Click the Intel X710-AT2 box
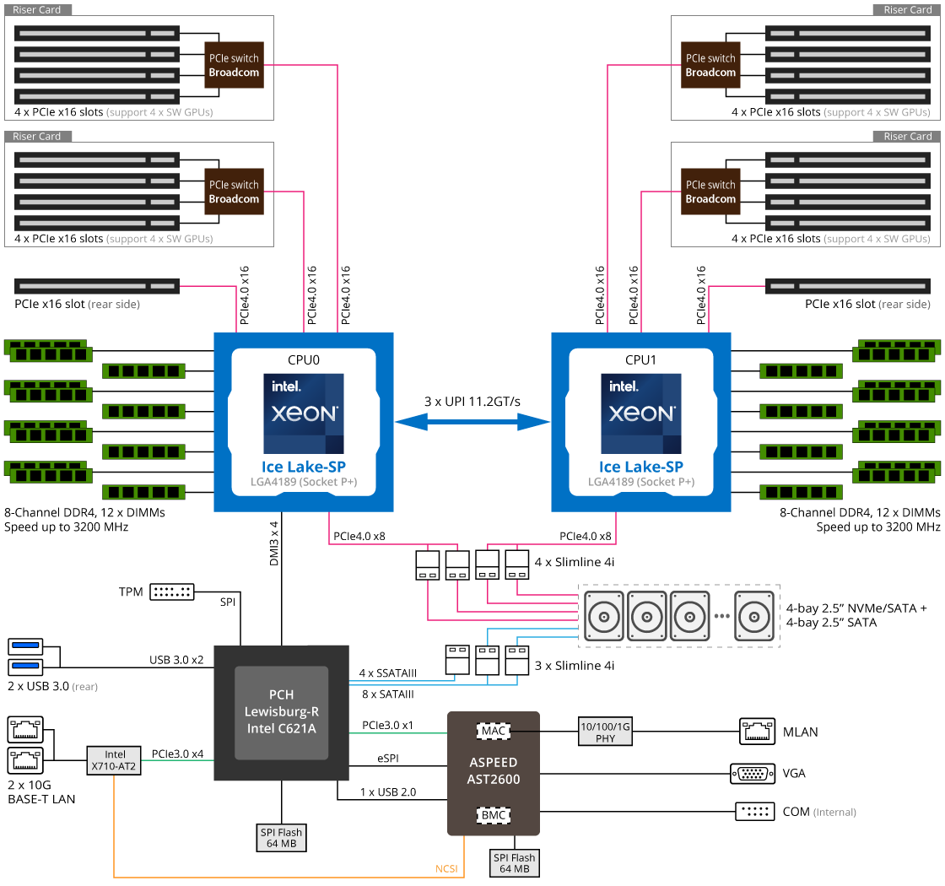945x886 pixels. (x=114, y=760)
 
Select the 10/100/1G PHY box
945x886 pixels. (x=605, y=732)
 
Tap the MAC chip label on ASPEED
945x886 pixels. (x=493, y=731)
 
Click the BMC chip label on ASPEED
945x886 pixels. (x=493, y=815)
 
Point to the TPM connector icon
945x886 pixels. (x=172, y=592)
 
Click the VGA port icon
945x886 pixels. (x=752, y=773)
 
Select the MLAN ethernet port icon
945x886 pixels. (x=757, y=732)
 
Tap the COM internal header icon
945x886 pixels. (x=755, y=811)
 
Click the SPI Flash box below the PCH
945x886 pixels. (x=282, y=838)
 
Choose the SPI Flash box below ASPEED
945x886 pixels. (x=514, y=863)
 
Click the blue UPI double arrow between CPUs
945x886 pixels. (x=472, y=422)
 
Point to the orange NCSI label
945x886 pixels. (x=446, y=868)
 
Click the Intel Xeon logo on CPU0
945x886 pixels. (x=304, y=413)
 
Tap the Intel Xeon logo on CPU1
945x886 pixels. (x=641, y=413)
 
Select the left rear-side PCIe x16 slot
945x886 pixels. (x=97, y=286)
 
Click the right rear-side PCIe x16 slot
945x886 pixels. (x=848, y=286)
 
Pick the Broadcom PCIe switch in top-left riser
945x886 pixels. (x=234, y=65)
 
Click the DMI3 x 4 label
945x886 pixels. (x=274, y=543)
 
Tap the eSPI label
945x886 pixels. (x=388, y=759)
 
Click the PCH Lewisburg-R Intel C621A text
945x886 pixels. (x=282, y=712)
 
